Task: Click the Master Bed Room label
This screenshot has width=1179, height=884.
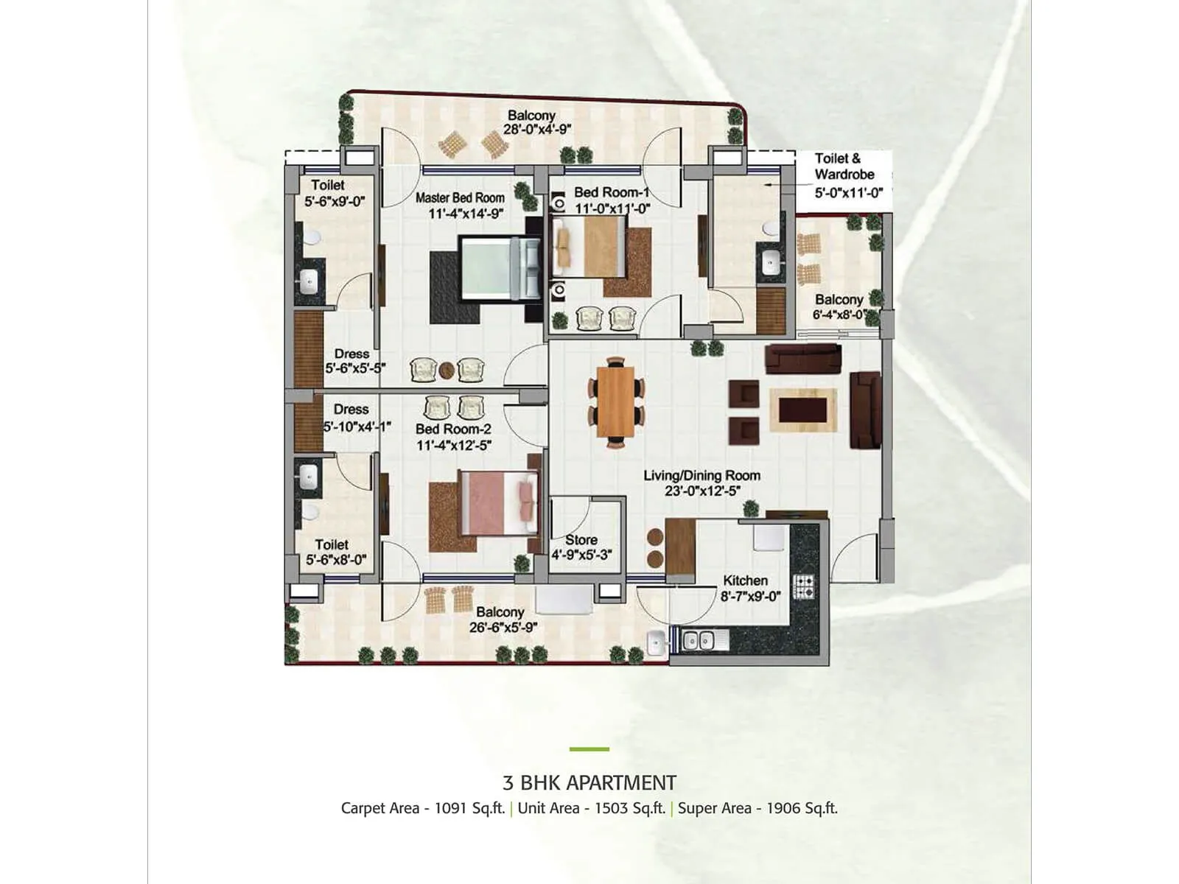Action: [x=460, y=197]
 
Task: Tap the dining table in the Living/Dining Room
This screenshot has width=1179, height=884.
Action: [x=615, y=402]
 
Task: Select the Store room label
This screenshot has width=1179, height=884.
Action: [x=581, y=540]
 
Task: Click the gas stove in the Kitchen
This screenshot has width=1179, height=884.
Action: [x=804, y=587]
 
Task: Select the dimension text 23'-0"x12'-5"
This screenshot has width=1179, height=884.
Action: [x=702, y=491]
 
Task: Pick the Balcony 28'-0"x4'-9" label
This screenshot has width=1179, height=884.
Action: [x=531, y=116]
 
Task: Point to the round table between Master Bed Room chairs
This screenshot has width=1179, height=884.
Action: [x=447, y=370]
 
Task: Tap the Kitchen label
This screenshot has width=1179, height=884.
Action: [x=745, y=580]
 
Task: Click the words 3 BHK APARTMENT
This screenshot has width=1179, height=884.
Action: [x=589, y=782]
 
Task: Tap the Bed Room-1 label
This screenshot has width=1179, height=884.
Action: [x=612, y=192]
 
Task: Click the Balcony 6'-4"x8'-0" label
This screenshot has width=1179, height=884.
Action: [x=839, y=300]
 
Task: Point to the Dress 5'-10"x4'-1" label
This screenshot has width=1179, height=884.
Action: [x=351, y=410]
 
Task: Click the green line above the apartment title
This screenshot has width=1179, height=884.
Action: [x=589, y=749]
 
